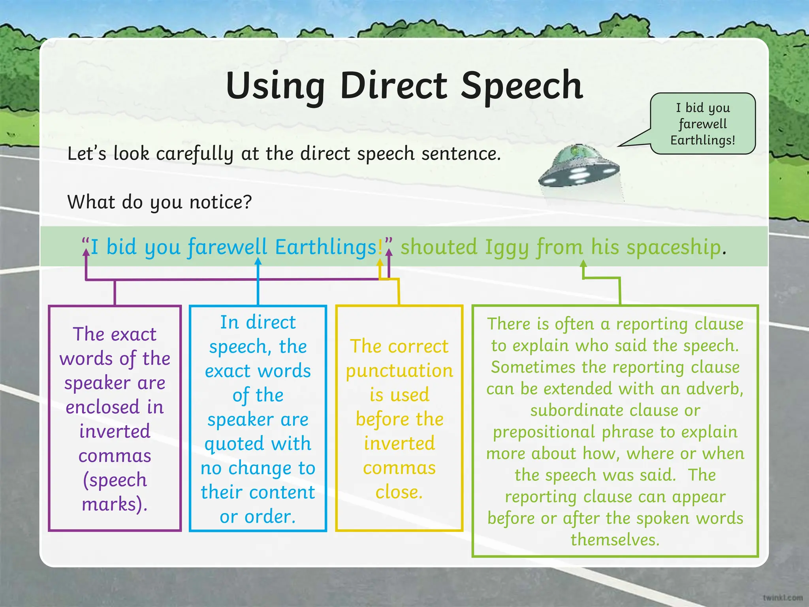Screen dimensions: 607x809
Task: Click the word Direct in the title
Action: (394, 85)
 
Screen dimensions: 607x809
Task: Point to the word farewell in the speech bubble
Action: (703, 124)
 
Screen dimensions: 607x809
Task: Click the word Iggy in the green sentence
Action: (507, 248)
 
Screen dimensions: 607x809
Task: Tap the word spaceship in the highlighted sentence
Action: (674, 248)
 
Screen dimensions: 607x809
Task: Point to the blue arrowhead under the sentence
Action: (258, 261)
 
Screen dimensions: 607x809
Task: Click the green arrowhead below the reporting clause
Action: (583, 264)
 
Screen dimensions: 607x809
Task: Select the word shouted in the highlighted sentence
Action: (439, 247)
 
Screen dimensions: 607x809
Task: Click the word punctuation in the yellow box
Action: (399, 371)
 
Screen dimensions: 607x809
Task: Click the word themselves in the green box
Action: (615, 539)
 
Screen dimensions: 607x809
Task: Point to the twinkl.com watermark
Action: (783, 598)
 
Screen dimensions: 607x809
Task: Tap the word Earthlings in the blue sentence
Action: (326, 247)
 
